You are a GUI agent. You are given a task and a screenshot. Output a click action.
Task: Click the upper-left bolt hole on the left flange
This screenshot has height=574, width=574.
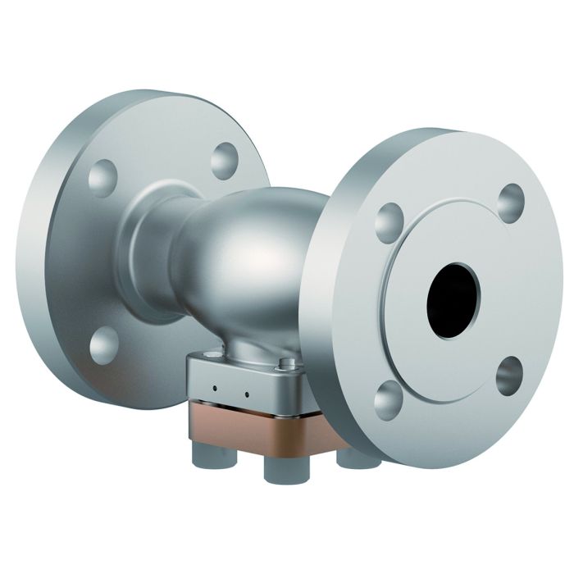tap(104, 175)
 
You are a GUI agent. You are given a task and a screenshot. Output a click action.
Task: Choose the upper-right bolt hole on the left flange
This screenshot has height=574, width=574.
tap(224, 161)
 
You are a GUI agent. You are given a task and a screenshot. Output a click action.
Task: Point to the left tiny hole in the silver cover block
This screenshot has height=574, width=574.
tap(214, 387)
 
